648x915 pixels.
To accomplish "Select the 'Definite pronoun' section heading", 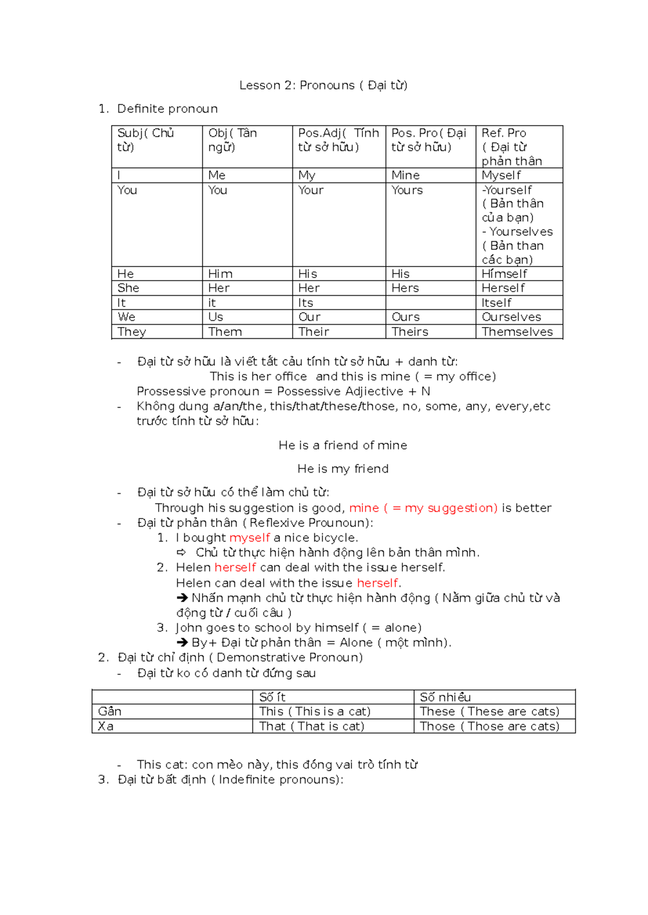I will tap(167, 109).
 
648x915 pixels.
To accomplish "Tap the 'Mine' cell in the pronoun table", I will tap(406, 175).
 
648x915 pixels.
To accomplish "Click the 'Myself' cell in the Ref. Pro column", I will tap(501, 175).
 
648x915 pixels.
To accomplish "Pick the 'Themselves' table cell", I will tap(517, 332).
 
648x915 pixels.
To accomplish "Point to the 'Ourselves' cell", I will tap(511, 317).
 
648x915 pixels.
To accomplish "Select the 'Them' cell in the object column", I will tap(225, 332).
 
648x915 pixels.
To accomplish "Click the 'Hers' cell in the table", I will tap(405, 288).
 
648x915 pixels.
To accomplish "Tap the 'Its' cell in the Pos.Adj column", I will tap(306, 303).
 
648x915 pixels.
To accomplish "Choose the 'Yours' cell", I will tap(407, 190).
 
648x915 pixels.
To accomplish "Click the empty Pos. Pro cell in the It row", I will tap(430, 303).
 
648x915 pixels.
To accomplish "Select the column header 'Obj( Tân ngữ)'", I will tap(233, 140).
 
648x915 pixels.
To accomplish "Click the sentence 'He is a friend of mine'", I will tap(343, 446).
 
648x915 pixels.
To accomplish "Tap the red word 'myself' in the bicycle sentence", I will tap(249, 538).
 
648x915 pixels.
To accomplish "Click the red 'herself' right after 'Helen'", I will tap(235, 568).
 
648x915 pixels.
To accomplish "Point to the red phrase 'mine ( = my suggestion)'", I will tap(423, 508).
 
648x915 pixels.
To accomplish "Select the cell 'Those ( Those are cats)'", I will tap(489, 726).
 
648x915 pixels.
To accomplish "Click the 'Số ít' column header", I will tap(272, 697).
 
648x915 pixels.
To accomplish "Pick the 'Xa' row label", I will tap(106, 726).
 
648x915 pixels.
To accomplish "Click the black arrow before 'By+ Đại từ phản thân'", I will tap(182, 643).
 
